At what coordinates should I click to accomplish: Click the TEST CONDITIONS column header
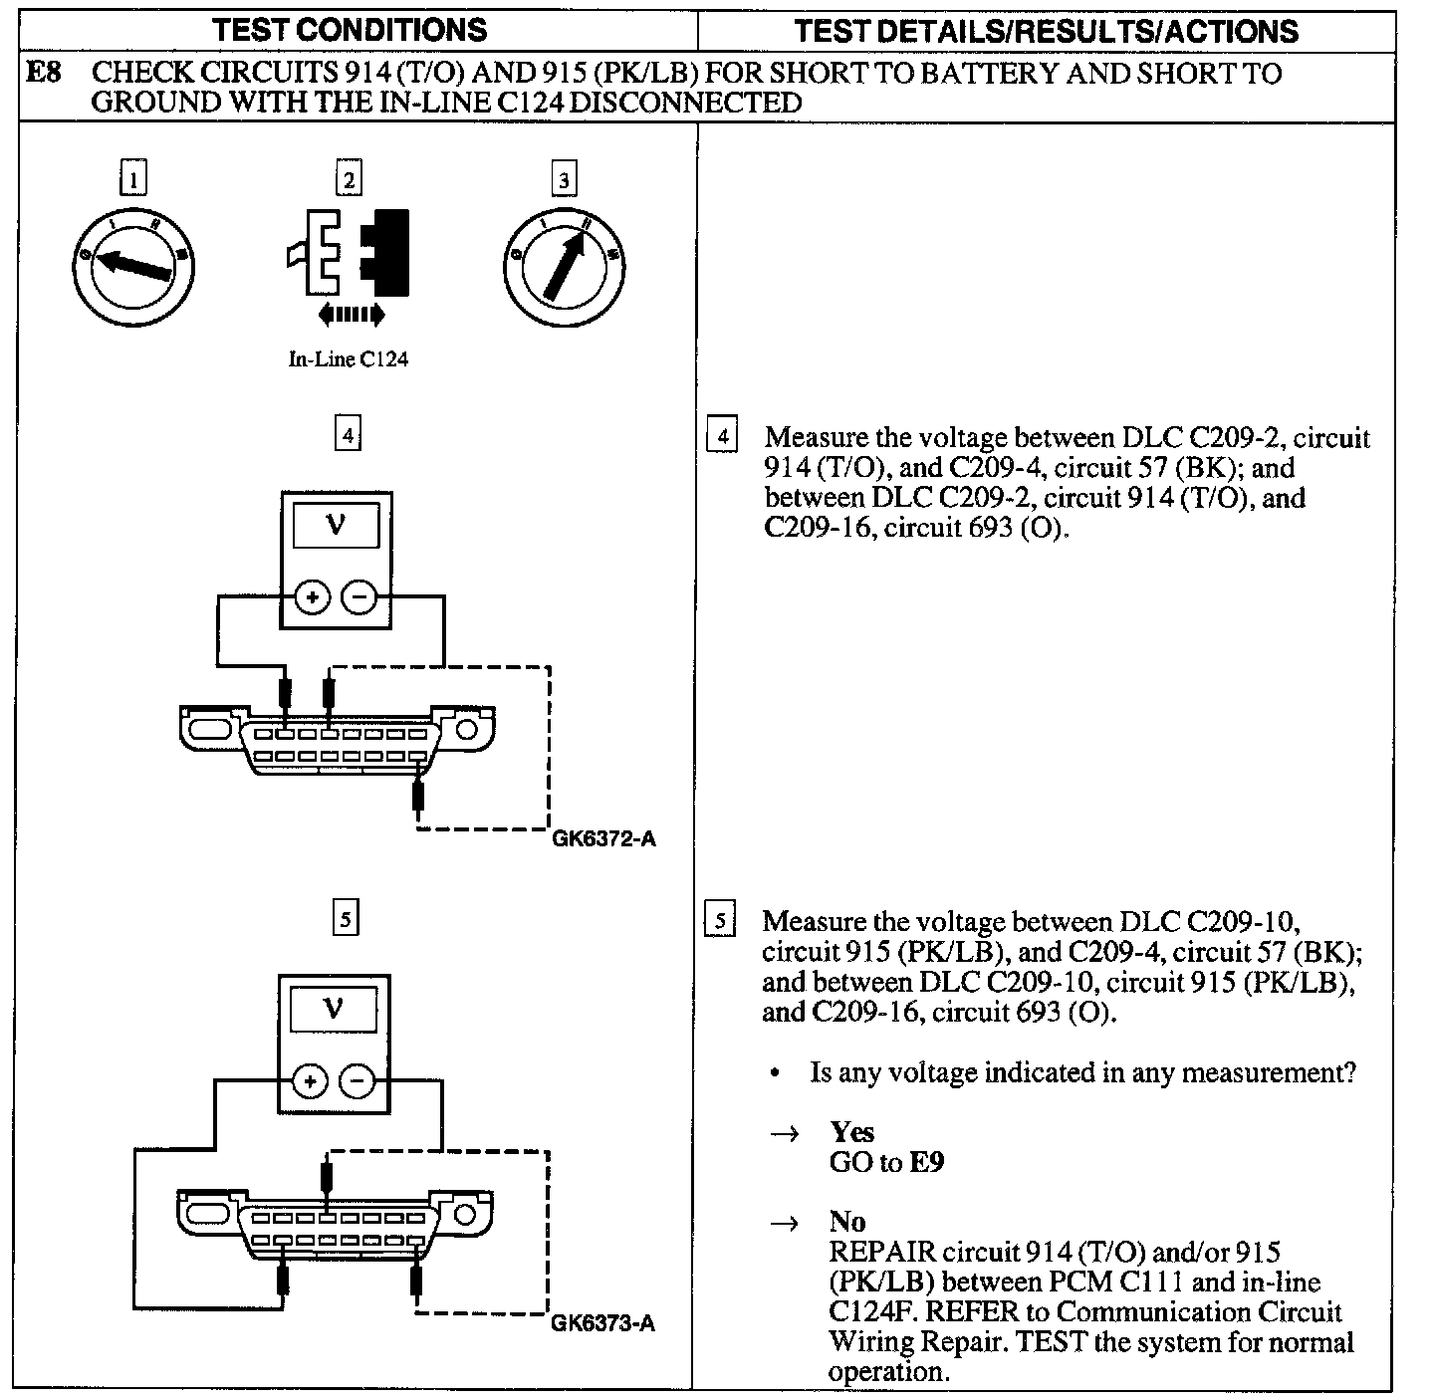tap(351, 30)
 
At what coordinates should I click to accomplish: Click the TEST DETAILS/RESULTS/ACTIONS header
tap(1046, 31)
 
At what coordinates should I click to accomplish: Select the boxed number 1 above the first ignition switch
tap(132, 180)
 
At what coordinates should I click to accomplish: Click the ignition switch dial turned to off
tap(133, 263)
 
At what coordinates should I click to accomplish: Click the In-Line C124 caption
tap(349, 359)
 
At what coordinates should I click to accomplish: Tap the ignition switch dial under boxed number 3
tap(565, 263)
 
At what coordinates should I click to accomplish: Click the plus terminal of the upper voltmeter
tap(312, 597)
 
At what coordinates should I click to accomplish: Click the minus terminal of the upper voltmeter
tap(358, 597)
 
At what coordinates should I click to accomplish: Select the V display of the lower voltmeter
tap(334, 1010)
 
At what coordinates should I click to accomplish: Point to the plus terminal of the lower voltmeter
tap(310, 1081)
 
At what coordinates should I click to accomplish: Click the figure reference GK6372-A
tap(603, 838)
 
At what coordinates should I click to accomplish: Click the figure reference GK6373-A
tap(603, 1323)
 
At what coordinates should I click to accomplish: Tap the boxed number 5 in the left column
tap(345, 919)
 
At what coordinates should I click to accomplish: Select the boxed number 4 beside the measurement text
tap(721, 437)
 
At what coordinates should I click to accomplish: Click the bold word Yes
tap(852, 1132)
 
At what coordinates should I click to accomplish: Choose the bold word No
tap(847, 1222)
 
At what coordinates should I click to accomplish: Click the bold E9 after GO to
tap(926, 1162)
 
